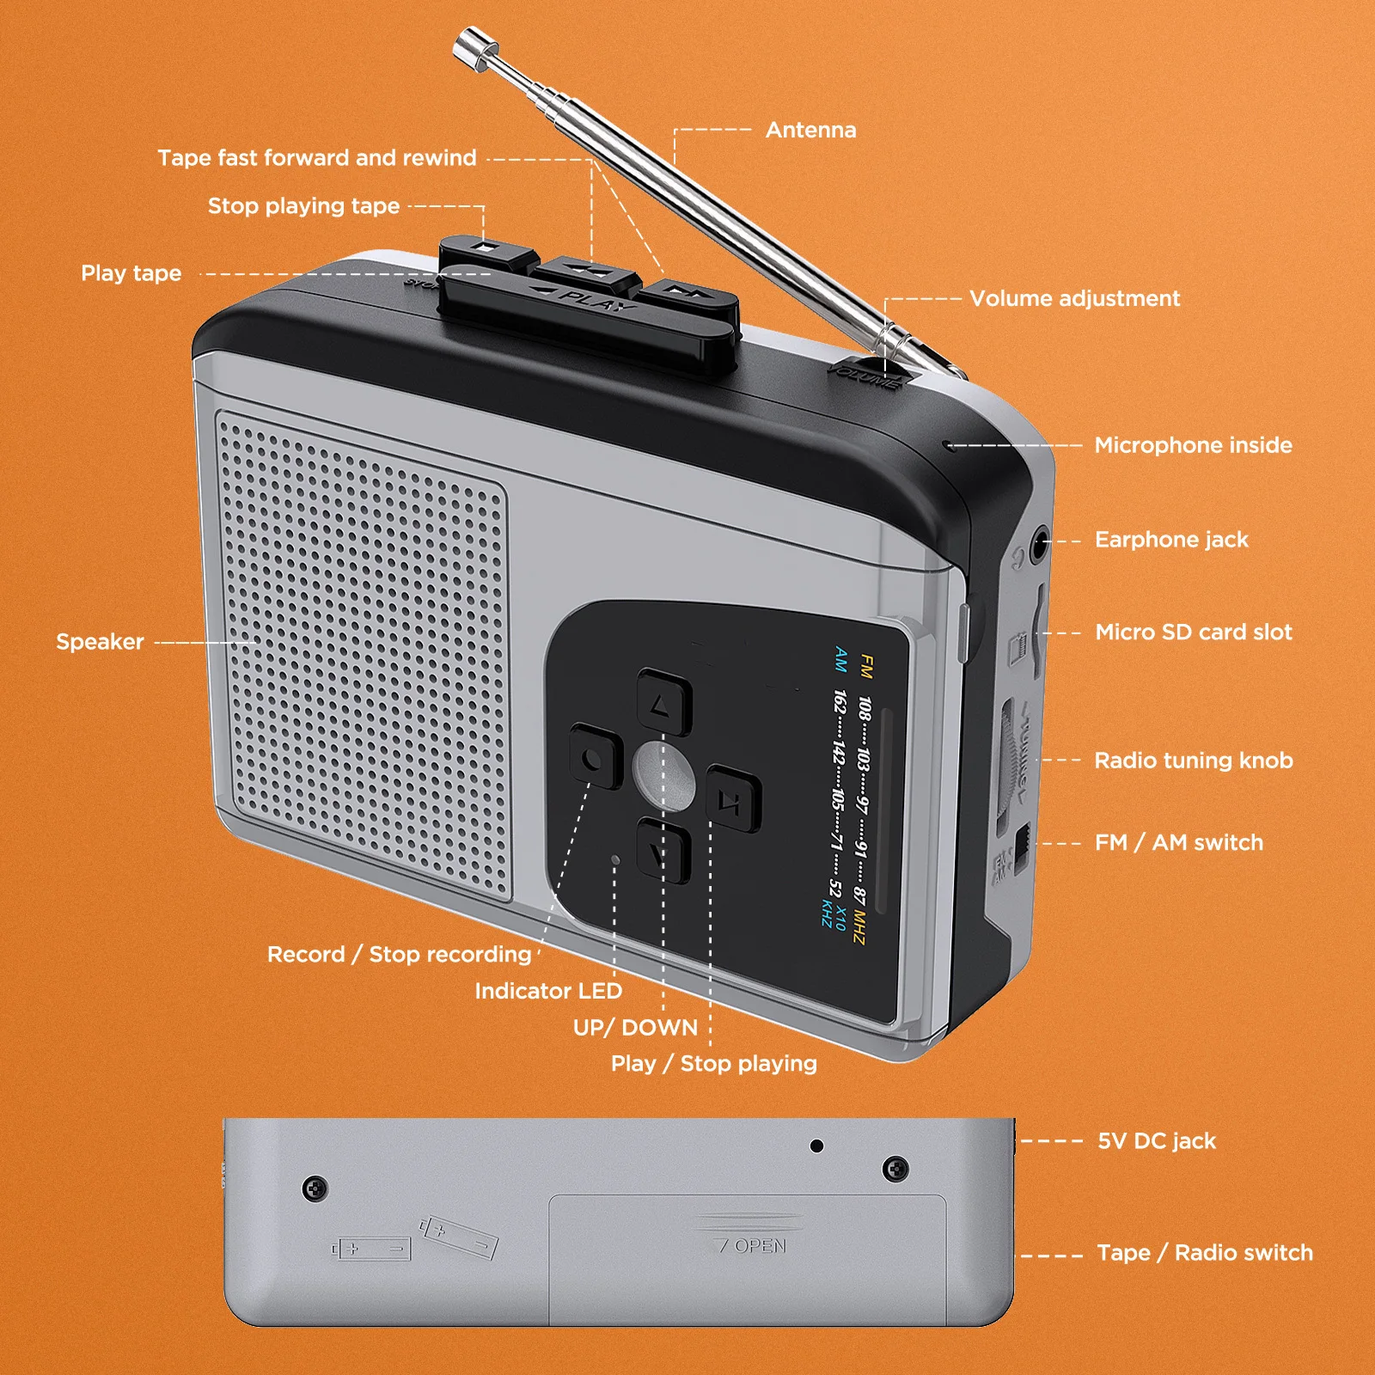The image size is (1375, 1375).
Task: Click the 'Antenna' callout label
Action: [810, 130]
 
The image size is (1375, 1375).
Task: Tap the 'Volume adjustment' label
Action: [1074, 298]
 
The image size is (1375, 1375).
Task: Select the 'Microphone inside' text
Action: [1193, 445]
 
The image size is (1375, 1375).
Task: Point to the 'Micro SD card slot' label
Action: [1193, 632]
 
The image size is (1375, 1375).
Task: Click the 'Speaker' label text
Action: [100, 642]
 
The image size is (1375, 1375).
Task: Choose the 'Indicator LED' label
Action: [548, 991]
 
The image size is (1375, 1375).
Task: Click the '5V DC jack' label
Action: [1157, 1141]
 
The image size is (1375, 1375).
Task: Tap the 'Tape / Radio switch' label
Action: [1205, 1253]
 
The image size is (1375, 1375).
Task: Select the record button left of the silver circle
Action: [596, 757]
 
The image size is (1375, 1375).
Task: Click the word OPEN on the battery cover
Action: [760, 1246]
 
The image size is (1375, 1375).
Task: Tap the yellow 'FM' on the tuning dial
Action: [866, 666]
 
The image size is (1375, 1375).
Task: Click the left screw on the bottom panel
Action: [315, 1189]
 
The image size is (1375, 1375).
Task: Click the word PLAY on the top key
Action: [597, 301]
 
